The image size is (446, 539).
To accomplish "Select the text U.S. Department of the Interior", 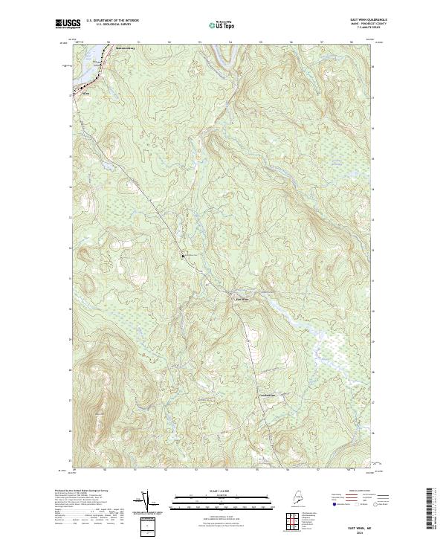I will pyautogui.click(x=113, y=21).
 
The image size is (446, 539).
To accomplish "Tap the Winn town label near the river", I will pyautogui.click(x=85, y=94).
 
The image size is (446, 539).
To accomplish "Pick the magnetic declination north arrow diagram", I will pyautogui.click(x=146, y=503).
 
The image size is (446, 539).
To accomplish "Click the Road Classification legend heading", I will pyautogui.click(x=349, y=491).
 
